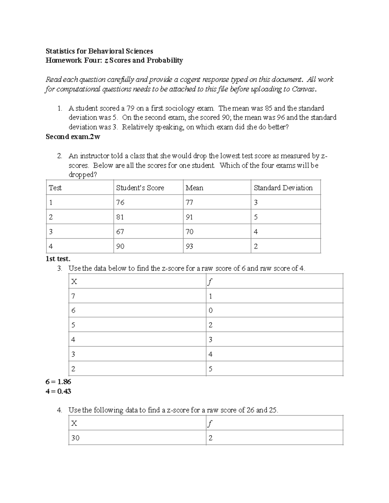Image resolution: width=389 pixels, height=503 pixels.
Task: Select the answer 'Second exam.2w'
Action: (73, 137)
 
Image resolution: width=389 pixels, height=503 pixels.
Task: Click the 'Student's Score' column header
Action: (140, 188)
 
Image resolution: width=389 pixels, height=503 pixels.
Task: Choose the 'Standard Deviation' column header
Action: (283, 188)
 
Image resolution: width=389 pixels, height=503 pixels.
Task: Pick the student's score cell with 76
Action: (120, 202)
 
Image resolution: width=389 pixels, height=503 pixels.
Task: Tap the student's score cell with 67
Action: (120, 232)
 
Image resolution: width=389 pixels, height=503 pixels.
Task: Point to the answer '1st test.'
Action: (58, 259)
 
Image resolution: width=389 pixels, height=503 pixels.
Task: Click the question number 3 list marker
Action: (59, 269)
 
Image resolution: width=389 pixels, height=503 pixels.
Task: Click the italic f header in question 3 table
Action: (210, 282)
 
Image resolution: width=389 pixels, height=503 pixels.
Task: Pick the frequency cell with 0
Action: (210, 311)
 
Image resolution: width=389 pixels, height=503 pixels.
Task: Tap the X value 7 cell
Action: (73, 296)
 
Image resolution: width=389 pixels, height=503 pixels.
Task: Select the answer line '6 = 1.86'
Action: (58, 382)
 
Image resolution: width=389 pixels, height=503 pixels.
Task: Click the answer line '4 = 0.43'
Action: (58, 391)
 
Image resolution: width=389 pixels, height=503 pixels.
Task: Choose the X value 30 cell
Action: (75, 438)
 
